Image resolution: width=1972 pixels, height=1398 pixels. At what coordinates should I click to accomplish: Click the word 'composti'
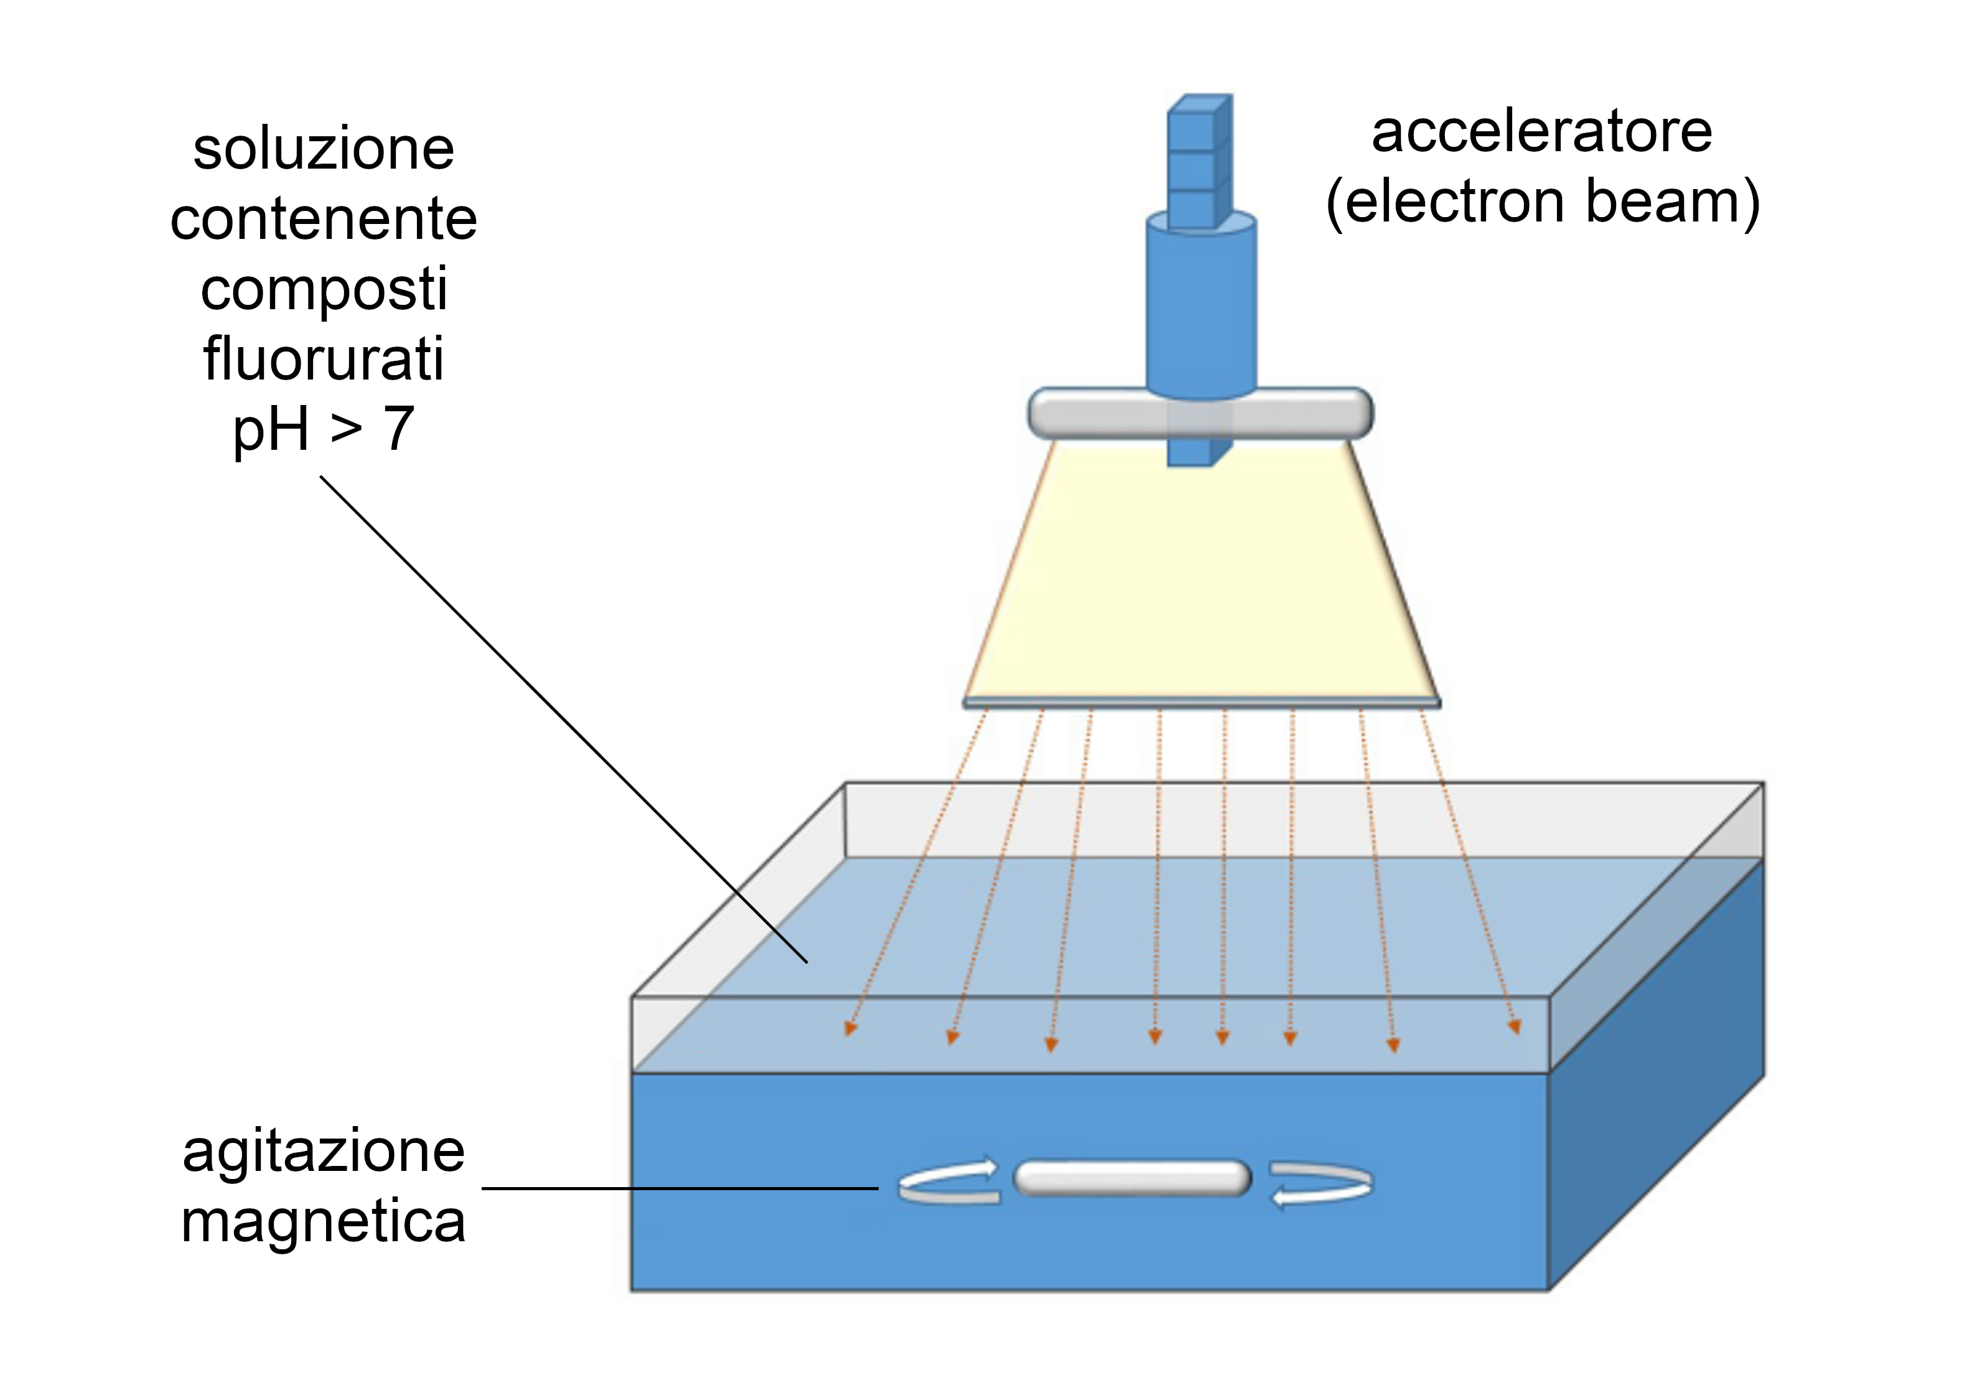coord(324,289)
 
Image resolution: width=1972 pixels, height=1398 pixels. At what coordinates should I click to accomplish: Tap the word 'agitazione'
coord(324,1151)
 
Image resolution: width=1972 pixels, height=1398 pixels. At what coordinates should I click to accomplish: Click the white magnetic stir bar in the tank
coord(1132,1178)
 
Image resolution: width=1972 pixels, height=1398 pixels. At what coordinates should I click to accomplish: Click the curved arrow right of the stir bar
coord(1321,1185)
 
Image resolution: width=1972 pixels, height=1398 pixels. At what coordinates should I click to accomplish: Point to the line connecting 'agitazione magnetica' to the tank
coord(680,1189)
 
